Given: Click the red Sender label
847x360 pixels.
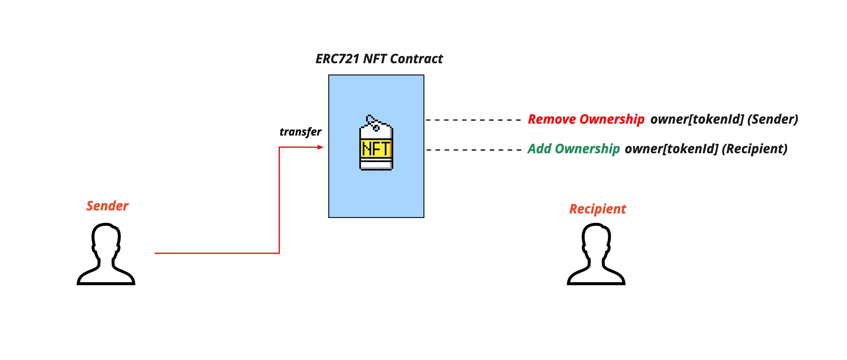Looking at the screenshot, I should [107, 206].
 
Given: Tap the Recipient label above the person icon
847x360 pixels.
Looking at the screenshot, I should [597, 209].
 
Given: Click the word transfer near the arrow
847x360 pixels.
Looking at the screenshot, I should [300, 132].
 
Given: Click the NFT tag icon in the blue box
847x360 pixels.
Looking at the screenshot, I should [376, 145].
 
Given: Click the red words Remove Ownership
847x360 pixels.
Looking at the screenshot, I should [586, 119].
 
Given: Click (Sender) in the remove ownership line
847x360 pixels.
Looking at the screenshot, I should [772, 119].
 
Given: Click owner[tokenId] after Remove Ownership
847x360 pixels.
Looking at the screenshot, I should [697, 119].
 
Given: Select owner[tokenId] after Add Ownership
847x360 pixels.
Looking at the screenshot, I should [671, 149].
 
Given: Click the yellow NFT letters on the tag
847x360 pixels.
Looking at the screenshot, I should [376, 149].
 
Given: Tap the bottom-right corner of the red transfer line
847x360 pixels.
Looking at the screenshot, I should [279, 253].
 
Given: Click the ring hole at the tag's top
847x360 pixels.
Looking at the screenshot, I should [376, 127].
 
